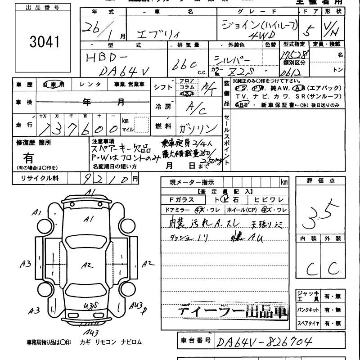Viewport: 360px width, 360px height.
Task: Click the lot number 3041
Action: click(x=44, y=42)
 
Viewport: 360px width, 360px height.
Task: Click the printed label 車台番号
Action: click(x=195, y=340)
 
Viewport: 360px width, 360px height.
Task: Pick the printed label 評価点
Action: click(x=320, y=181)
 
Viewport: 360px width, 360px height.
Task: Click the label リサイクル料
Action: click(x=40, y=179)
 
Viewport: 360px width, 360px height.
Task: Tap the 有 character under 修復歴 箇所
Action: click(x=28, y=158)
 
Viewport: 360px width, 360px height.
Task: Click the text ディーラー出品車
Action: click(x=232, y=312)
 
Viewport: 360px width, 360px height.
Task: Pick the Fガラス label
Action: click(x=182, y=200)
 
